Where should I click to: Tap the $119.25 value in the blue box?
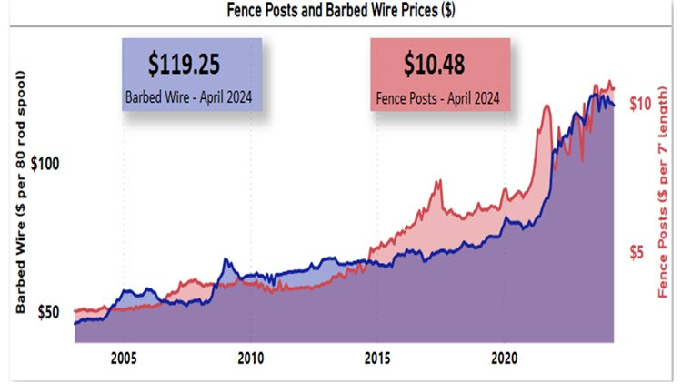pyautogui.click(x=190, y=65)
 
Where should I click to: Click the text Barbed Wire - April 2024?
pyautogui.click(x=190, y=95)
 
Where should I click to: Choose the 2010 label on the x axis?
pyautogui.click(x=251, y=357)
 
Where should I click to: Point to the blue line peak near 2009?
pyautogui.click(x=225, y=260)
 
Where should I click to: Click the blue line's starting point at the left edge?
pyautogui.click(x=75, y=323)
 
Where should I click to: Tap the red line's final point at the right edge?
pyautogui.click(x=614, y=89)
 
